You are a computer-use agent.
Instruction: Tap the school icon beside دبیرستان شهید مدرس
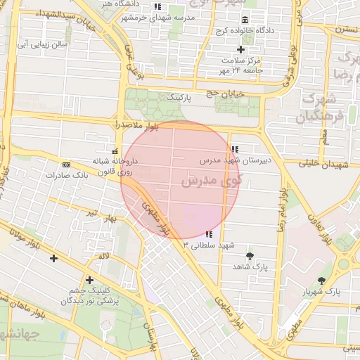[234, 149]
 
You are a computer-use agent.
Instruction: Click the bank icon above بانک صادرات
[67, 165]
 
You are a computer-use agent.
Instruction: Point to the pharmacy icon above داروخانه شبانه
[115, 150]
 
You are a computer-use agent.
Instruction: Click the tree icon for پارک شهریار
[321, 281]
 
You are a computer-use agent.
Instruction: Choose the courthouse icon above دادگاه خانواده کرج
[244, 19]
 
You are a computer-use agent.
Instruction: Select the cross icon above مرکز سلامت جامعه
[241, 49]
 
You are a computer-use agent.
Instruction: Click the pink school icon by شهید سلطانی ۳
[207, 234]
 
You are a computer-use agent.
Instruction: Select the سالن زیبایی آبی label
[42, 44]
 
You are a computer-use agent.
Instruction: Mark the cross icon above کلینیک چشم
[89, 280]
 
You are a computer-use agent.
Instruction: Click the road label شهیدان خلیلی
[323, 164]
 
